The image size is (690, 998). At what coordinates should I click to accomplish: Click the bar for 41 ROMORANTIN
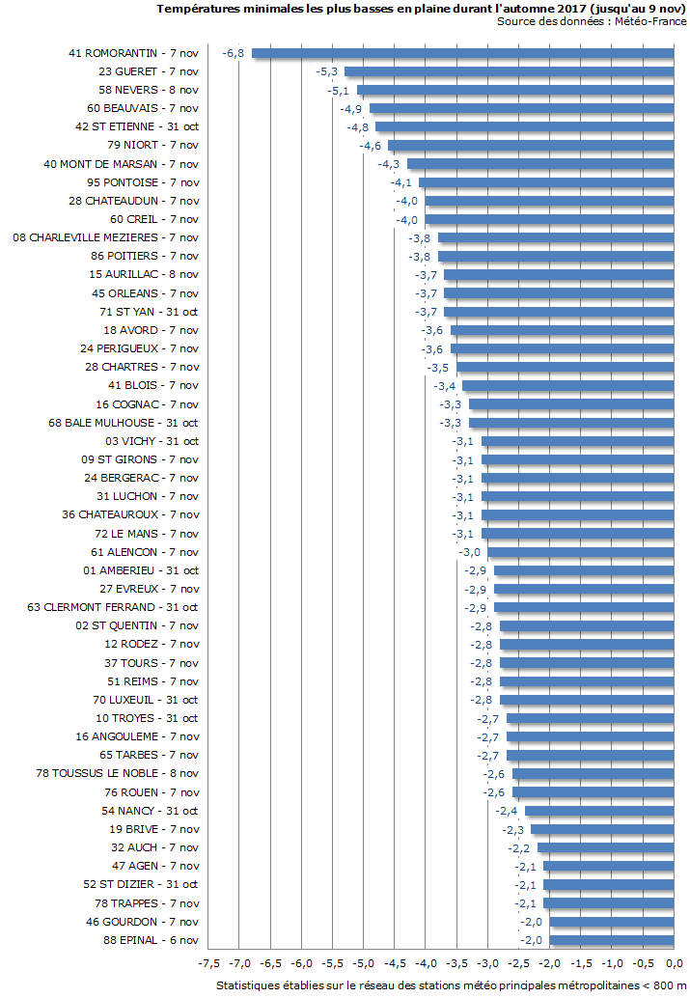[463, 53]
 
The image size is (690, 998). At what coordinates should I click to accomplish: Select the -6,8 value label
[233, 53]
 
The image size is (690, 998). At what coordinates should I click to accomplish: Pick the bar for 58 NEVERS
[515, 90]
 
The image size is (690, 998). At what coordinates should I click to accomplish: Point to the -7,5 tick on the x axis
[208, 964]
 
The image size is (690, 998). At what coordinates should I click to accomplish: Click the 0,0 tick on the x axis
[674, 964]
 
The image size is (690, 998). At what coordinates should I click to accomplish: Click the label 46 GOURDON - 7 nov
[142, 922]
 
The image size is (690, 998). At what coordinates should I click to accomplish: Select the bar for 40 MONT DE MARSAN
[540, 164]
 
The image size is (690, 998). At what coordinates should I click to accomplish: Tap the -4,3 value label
[388, 164]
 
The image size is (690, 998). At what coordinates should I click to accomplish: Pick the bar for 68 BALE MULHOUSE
[571, 423]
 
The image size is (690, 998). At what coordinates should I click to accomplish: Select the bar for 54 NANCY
[599, 811]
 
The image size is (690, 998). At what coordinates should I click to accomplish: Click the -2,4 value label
[506, 811]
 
